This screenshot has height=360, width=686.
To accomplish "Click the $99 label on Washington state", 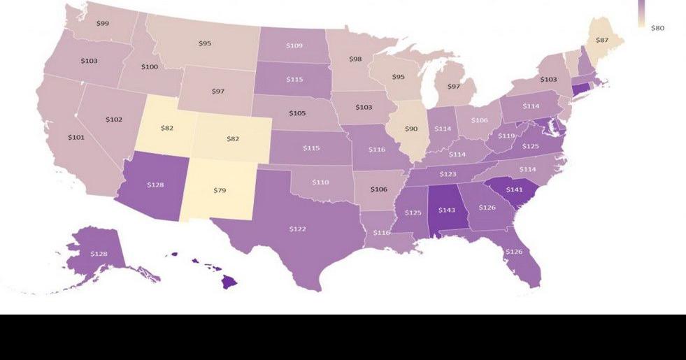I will [x=102, y=24].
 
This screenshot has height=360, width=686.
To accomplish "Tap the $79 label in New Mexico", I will [x=220, y=190].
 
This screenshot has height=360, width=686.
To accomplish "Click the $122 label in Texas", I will [x=298, y=229].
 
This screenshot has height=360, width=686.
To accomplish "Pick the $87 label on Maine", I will [x=601, y=41].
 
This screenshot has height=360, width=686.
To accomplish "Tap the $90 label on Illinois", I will [x=411, y=129].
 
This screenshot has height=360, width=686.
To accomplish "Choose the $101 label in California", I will [x=76, y=137].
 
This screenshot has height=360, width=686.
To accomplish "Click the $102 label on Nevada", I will [x=114, y=120].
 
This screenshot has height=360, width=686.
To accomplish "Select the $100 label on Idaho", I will [x=150, y=66].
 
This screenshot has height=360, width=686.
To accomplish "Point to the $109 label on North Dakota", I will [x=294, y=45].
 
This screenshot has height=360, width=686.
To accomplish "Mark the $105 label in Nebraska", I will [x=297, y=113].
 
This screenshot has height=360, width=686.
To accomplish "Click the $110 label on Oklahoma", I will [x=320, y=182].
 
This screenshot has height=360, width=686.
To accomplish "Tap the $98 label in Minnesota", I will [x=355, y=59].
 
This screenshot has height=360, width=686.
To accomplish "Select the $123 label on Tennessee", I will [x=448, y=173].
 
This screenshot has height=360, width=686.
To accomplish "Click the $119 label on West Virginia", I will [x=506, y=136].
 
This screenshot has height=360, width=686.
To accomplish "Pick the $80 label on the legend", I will [x=657, y=28].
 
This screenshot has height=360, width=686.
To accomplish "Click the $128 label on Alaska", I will [x=99, y=253].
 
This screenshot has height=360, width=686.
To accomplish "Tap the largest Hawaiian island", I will [x=230, y=282].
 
